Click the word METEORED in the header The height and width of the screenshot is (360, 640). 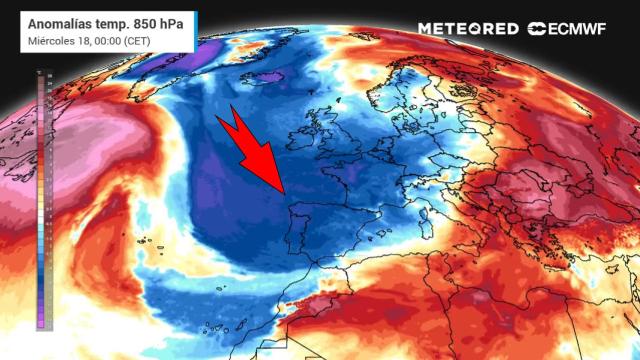[x=468, y=29]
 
